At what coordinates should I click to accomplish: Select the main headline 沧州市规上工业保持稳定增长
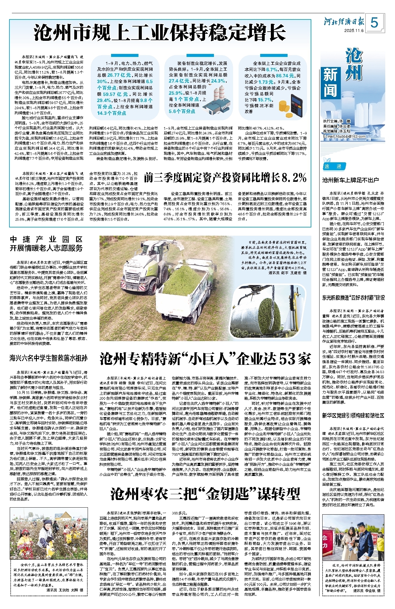160,33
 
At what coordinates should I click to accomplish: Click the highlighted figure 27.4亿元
179,81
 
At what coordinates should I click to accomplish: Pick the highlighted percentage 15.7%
265,100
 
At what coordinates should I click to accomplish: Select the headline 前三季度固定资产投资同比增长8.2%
225,178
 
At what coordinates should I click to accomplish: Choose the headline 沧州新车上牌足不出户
350,180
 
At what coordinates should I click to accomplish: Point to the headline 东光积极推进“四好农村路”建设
353,298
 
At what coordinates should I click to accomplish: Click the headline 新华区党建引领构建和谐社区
353,416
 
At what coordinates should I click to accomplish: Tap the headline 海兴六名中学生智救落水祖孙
49,358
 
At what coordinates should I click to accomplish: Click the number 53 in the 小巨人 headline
288,359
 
